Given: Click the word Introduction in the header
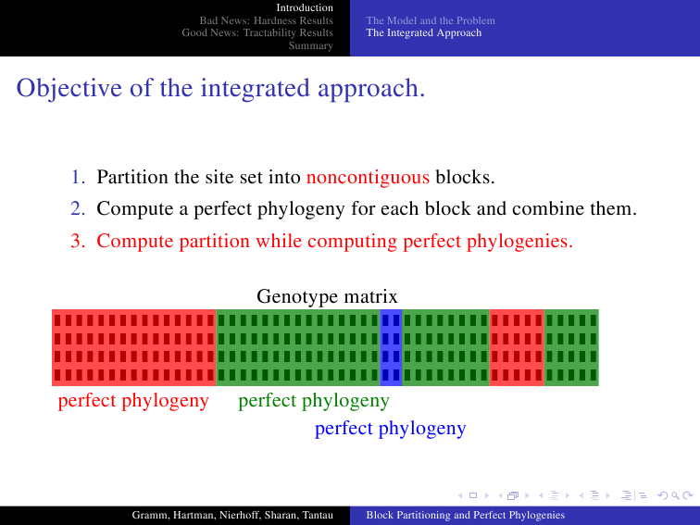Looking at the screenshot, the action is coord(305,7).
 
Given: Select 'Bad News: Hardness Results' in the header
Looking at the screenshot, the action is coord(266,20).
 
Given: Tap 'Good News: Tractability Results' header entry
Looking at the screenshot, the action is coord(257,33).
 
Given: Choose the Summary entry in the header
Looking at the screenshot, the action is coord(311,45).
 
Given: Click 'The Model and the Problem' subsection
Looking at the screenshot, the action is coord(431,20).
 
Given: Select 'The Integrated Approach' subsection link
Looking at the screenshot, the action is coord(424,33).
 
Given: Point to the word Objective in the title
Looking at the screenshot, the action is coord(69,88).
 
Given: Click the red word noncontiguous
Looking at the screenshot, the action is coord(368,177).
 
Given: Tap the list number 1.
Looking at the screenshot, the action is coord(78,177).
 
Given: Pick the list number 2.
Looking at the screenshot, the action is coord(78,208).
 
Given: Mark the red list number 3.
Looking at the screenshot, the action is coord(78,241).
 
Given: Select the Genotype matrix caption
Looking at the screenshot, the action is coord(327,296).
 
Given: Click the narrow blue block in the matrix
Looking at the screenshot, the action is coord(391,347).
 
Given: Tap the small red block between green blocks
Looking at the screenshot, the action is coord(517,347).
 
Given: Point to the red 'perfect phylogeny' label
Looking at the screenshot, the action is coord(133,401).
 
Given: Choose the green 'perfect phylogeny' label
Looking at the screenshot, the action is coord(314,401).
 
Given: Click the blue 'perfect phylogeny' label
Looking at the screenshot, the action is coord(390,429).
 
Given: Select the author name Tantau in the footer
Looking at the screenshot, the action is coord(318,515).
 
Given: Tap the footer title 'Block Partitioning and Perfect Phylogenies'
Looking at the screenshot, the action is coord(466,515).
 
